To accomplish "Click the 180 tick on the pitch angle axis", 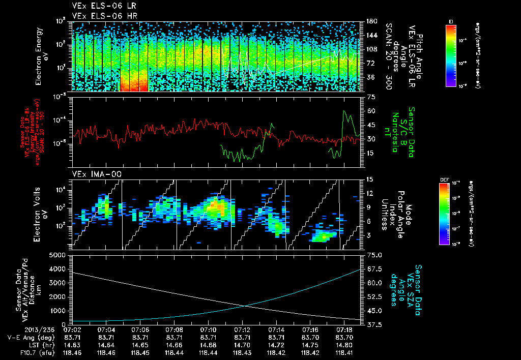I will tap(371, 21).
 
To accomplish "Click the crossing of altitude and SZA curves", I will tap(246, 305).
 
